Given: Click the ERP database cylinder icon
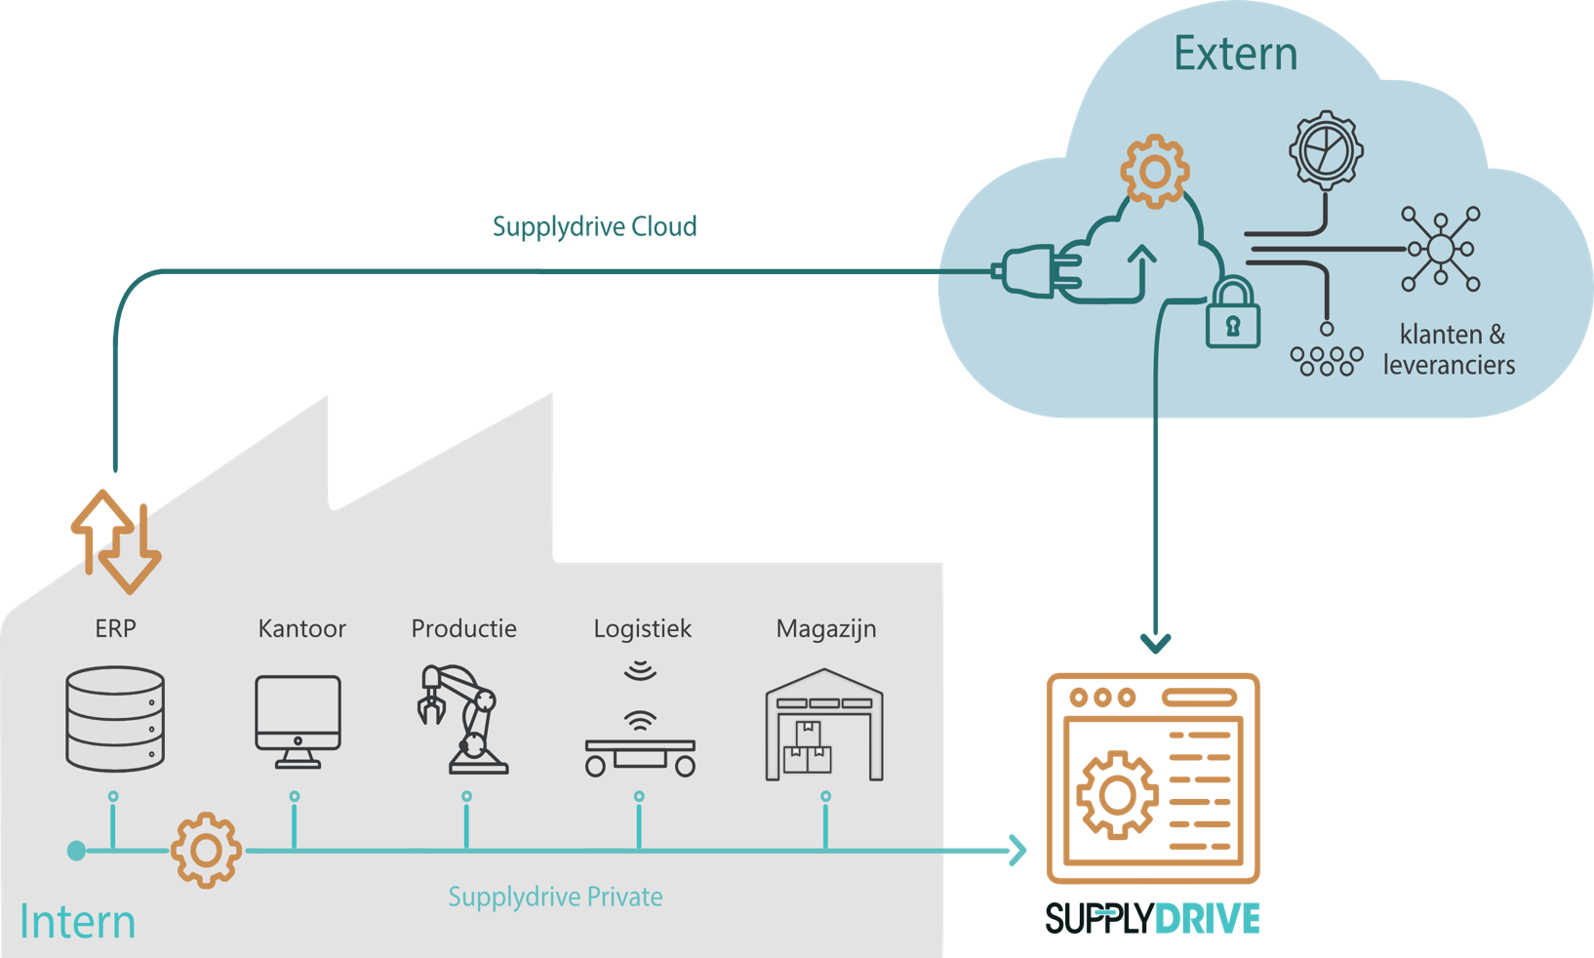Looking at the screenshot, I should pos(115,718).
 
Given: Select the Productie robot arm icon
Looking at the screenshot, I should pos(464,719).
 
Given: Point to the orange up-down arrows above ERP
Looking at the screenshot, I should pos(115,541).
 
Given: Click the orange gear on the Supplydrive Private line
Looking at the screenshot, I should pos(206,850).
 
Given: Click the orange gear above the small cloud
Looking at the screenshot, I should pos(1155,172).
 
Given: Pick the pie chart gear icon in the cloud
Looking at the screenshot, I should pos(1326,149).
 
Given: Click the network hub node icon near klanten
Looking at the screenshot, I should pos(1441,249).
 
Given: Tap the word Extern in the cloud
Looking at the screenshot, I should pos(1235,54).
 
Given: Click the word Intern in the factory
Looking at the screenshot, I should pos(77,922).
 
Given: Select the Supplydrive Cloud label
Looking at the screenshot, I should pos(594,226).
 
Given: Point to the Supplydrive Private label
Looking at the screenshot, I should pos(555,897).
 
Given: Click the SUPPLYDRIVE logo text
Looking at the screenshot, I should pos(1152,919).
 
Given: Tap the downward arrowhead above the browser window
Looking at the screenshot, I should pos(1156,643).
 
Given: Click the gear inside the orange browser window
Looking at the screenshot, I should pos(1118,795).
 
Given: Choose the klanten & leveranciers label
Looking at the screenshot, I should pos(1450,349).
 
